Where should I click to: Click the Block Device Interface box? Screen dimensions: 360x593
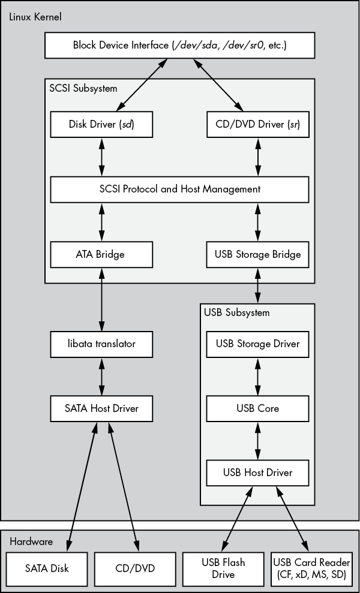coord(179,46)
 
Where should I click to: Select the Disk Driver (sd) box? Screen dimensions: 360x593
coord(101,124)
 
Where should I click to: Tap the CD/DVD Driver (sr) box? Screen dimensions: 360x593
coord(258,124)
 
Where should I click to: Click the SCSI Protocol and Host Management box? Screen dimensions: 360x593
coord(179,189)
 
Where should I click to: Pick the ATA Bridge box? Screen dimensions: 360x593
coord(101,254)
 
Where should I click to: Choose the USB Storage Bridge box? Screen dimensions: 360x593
coord(258,254)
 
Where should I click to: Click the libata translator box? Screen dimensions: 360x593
coord(101,344)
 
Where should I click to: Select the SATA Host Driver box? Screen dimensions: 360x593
coord(101,408)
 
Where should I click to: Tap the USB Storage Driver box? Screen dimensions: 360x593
coord(258,344)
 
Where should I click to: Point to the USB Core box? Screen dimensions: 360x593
coord(258,408)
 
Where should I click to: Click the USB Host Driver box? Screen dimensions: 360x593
coord(258,472)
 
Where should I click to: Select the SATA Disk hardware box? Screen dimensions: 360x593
coord(47,569)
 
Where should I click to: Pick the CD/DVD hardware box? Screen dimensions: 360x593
coord(135,569)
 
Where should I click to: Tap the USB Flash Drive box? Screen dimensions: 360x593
coord(223,569)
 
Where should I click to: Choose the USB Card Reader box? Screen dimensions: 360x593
coord(311,569)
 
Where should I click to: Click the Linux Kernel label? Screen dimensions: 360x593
coord(35,17)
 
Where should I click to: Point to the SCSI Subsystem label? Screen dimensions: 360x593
coord(83,89)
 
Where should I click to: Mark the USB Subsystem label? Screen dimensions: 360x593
coord(237,313)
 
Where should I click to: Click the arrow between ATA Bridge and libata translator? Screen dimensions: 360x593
coord(101,300)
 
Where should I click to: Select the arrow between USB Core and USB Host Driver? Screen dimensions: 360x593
coord(258,441)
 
